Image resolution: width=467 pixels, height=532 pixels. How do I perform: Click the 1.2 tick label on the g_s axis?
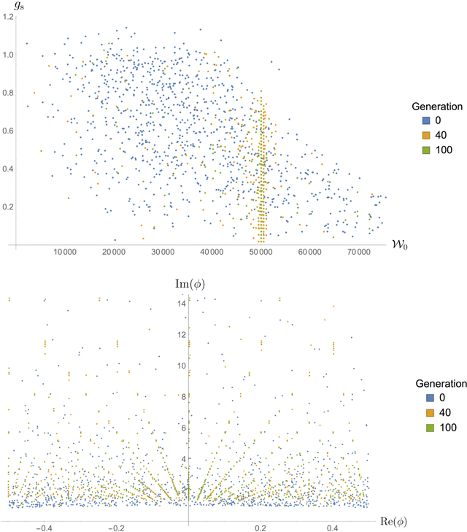(7, 16)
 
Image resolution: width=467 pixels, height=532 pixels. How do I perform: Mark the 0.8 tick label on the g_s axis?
(7, 93)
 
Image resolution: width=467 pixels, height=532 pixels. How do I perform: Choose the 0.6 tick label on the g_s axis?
(7, 131)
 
